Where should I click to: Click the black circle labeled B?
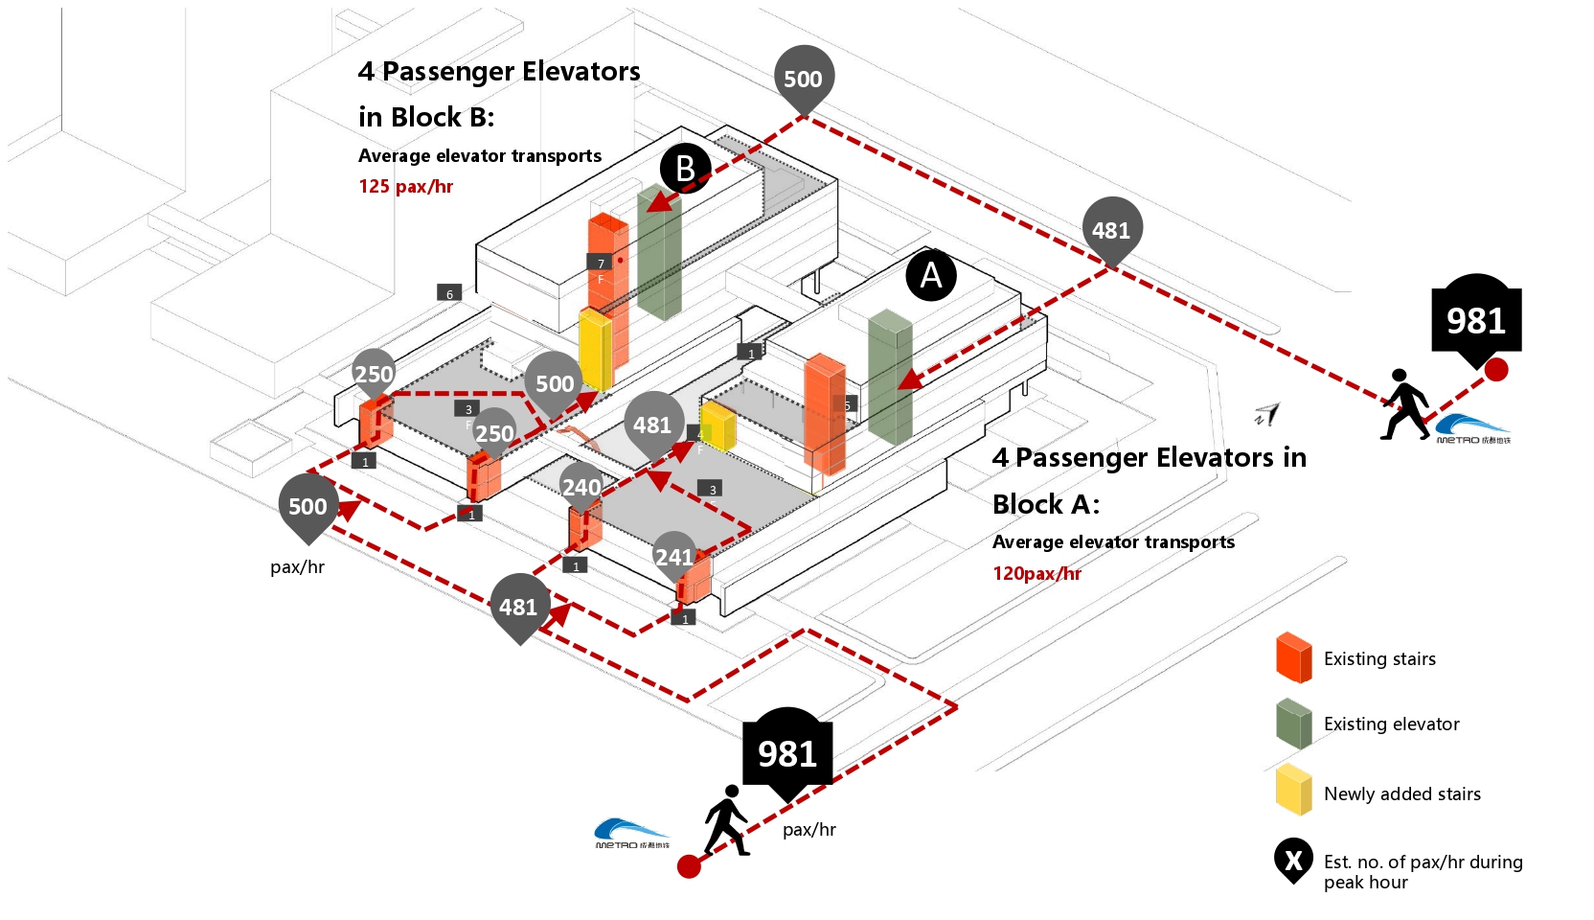coord(685,168)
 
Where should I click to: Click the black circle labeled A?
coord(930,275)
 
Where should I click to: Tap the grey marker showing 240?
coord(581,486)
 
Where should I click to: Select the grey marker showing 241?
coord(674,556)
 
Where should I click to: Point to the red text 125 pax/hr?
coord(405,186)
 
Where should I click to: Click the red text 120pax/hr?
coord(1036,573)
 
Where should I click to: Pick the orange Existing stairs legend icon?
coord(1293,658)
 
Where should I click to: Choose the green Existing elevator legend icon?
coord(1293,724)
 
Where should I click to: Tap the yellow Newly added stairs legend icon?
coord(1293,791)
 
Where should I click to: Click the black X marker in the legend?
coord(1293,861)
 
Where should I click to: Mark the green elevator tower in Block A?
coord(890,379)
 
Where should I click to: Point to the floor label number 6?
coord(449,293)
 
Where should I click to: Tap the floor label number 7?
coord(600,263)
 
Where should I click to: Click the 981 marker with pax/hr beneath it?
coord(787,754)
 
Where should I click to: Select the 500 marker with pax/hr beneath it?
coord(307,506)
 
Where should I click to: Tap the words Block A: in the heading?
coord(1046,504)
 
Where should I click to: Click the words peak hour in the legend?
coord(1365,883)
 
